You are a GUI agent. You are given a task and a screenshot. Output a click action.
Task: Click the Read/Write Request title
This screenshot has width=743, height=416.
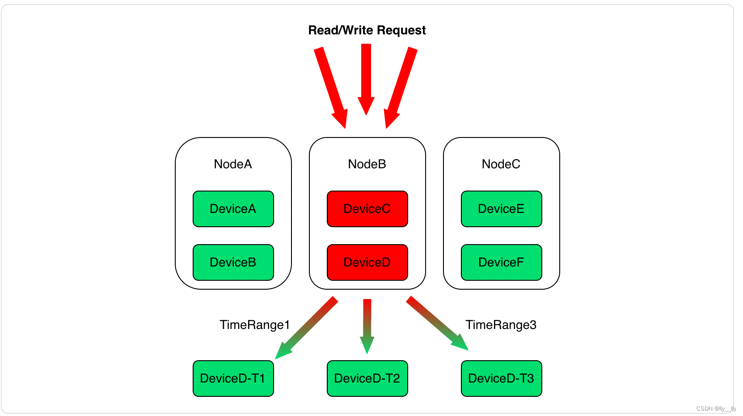click(x=367, y=30)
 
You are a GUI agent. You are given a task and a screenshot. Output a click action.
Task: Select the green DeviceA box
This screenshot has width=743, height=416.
click(x=233, y=209)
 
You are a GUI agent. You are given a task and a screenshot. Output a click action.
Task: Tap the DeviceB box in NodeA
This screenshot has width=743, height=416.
click(x=233, y=262)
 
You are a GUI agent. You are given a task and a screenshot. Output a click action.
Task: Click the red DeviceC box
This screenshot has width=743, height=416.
click(x=367, y=209)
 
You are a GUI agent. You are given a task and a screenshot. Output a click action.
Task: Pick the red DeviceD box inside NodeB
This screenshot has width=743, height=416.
click(x=367, y=262)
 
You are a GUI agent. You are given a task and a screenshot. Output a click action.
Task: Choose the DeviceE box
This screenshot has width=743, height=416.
click(x=501, y=209)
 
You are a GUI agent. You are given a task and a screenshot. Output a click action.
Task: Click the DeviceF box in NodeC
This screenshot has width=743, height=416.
click(x=501, y=262)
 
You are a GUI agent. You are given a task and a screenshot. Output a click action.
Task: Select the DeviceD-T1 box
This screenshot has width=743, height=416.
click(x=233, y=379)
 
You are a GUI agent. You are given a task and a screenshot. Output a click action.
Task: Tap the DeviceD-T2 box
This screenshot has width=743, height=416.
click(x=367, y=379)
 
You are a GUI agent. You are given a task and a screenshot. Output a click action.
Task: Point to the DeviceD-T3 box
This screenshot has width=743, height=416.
click(x=501, y=379)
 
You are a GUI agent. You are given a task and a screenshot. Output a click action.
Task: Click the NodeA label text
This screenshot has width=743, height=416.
click(x=233, y=164)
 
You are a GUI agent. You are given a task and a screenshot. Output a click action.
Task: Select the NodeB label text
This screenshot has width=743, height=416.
click(x=367, y=164)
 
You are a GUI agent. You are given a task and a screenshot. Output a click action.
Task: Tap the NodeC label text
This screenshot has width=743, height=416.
click(x=501, y=164)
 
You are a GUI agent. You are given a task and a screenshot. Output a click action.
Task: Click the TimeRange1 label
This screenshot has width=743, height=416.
click(x=254, y=325)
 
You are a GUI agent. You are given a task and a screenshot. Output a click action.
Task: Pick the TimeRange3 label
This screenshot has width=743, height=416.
click(x=501, y=325)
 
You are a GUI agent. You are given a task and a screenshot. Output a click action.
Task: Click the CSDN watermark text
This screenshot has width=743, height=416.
click(x=716, y=408)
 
